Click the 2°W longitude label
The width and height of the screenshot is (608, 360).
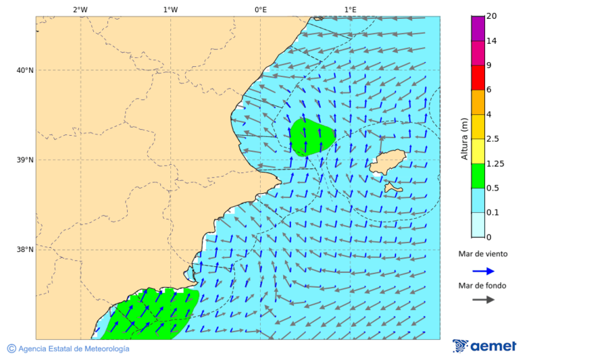pos(80,9)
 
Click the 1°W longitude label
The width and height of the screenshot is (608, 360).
pos(170,9)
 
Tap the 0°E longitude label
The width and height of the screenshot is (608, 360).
pos(260,9)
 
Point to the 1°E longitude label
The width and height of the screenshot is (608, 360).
pos(350,9)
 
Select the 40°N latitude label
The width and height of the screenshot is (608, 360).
pos(25,70)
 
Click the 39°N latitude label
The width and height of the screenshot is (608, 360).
pos(25,160)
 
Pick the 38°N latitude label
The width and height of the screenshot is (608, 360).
pos(25,250)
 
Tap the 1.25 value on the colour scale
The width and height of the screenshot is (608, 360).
pos(495,163)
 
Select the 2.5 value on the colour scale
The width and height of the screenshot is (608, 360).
pos(492,139)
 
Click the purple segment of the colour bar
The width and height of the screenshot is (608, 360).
pos(478,28)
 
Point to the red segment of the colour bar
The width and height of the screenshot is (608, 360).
pos(478,78)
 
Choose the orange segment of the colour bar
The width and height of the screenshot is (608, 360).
pos(478,102)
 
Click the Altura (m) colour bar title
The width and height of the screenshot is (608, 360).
pos(464,138)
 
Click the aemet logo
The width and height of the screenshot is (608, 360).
pos(484,346)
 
